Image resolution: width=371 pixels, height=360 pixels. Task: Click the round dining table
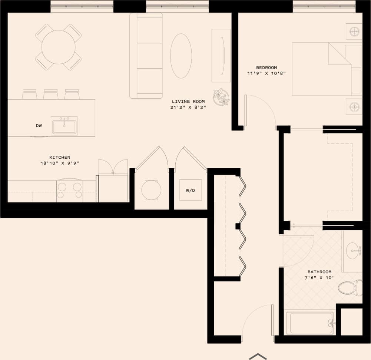pyautogui.click(x=58, y=47)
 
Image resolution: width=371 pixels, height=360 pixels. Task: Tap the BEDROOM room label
pyautogui.click(x=266, y=67)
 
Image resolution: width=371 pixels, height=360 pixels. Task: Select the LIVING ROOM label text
pyautogui.click(x=186, y=101)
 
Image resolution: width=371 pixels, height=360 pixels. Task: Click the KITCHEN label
pyautogui.click(x=60, y=157)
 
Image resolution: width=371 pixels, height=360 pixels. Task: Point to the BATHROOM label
pyautogui.click(x=319, y=272)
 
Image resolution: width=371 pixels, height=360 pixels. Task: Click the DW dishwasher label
pyautogui.click(x=39, y=126)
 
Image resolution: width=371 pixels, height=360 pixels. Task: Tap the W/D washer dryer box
pyautogui.click(x=191, y=190)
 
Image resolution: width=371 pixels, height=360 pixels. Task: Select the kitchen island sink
pyautogui.click(x=64, y=126)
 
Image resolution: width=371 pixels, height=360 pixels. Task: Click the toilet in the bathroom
pyautogui.click(x=350, y=287)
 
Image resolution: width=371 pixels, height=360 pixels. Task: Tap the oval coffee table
pyautogui.click(x=181, y=56)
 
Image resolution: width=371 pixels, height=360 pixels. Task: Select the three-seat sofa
pyautogui.click(x=146, y=56)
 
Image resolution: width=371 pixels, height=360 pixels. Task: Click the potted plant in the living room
pyautogui.click(x=221, y=96)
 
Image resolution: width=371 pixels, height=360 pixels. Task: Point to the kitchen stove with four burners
pyautogui.click(x=70, y=191)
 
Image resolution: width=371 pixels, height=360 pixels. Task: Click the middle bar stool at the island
pyautogui.click(x=51, y=95)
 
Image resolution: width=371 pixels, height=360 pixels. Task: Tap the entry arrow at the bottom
pyautogui.click(x=258, y=356)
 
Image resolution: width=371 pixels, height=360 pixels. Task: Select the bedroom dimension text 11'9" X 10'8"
pyautogui.click(x=266, y=73)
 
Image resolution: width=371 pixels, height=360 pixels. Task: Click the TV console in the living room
pyautogui.click(x=221, y=56)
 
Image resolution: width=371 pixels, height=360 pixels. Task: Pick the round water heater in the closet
pyautogui.click(x=151, y=190)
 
